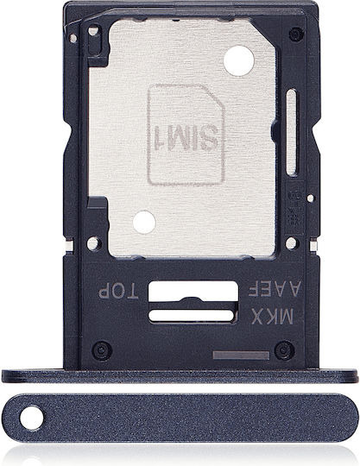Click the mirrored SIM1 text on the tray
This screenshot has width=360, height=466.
tap(185, 137)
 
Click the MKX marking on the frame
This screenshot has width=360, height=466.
tap(272, 316)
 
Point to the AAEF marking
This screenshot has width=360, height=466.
tap(275, 288)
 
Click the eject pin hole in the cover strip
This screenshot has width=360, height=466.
tap(31, 418)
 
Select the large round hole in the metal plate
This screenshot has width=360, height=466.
tap(239, 60)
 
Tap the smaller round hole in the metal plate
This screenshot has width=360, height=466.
tap(144, 222)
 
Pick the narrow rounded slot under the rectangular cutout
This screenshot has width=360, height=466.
tap(192, 315)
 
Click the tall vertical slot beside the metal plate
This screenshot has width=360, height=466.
tap(292, 132)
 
